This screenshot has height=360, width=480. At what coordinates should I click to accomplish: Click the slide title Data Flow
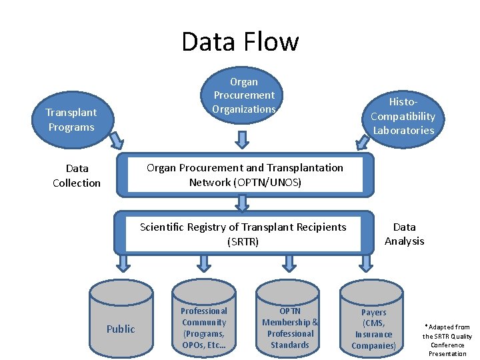[240, 41]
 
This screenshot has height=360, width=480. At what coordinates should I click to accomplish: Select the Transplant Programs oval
[71, 120]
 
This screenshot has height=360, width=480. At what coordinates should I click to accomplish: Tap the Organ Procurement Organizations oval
[243, 95]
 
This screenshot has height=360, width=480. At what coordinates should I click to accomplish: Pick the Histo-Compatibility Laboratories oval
[403, 117]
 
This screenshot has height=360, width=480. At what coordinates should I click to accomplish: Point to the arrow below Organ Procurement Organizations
[243, 138]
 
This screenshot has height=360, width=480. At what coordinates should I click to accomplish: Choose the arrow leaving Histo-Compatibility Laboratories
[362, 141]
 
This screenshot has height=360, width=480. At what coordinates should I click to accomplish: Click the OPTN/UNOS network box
[245, 175]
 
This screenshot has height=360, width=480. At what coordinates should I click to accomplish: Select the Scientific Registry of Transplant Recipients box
[243, 234]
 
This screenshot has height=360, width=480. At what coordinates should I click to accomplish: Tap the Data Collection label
[77, 176]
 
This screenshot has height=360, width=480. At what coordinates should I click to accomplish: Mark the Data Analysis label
[404, 234]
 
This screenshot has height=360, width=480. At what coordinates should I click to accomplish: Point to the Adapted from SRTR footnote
[447, 340]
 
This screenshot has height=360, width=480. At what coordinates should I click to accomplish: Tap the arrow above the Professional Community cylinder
[203, 263]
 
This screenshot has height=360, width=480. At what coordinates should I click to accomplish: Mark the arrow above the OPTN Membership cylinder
[289, 263]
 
